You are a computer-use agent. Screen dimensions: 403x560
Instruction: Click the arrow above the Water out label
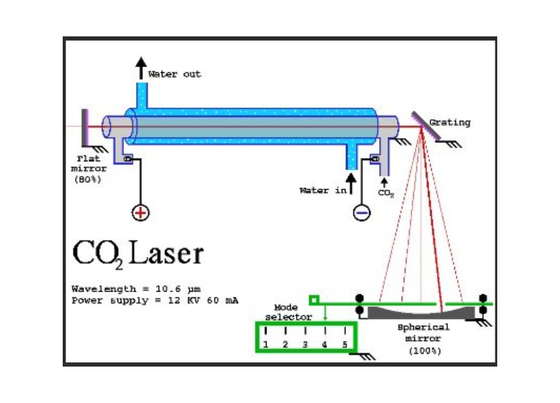click(142, 68)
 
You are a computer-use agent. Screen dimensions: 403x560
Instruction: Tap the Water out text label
click(174, 74)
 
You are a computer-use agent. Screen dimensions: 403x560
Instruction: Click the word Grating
click(450, 123)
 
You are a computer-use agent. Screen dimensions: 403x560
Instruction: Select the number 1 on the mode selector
click(265, 344)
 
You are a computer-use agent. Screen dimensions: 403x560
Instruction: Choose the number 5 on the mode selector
click(344, 344)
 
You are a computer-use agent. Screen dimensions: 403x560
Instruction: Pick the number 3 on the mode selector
click(305, 344)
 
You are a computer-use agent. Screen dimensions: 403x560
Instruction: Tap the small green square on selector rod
click(314, 301)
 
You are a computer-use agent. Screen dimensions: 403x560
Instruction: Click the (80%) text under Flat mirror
click(87, 180)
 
